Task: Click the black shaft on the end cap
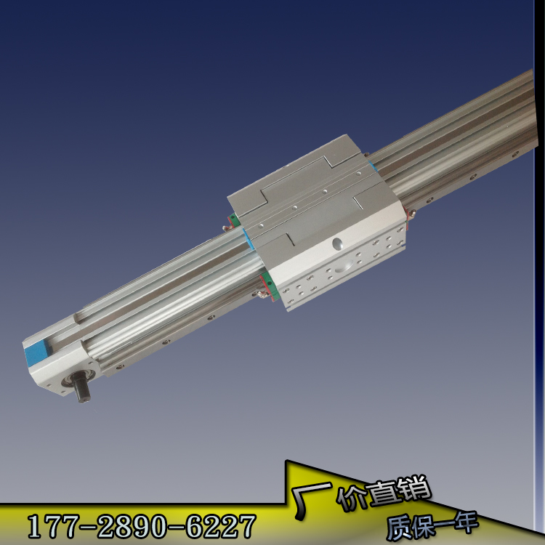point(81,387)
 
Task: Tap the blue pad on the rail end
point(36,352)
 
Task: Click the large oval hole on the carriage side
point(337,243)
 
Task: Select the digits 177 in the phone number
point(54,526)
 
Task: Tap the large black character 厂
point(311,500)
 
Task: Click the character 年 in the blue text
point(464,522)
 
